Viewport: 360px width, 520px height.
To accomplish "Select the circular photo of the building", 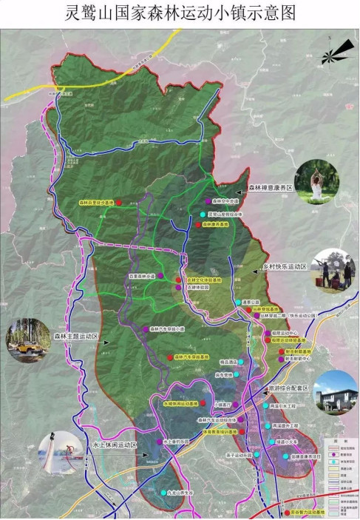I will click(x=334, y=391).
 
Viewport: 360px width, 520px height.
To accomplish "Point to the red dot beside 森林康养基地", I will click(x=197, y=223).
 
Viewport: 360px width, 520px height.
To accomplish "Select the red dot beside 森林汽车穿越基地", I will click(x=169, y=357).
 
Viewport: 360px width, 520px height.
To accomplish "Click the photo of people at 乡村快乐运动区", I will click(x=333, y=271).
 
